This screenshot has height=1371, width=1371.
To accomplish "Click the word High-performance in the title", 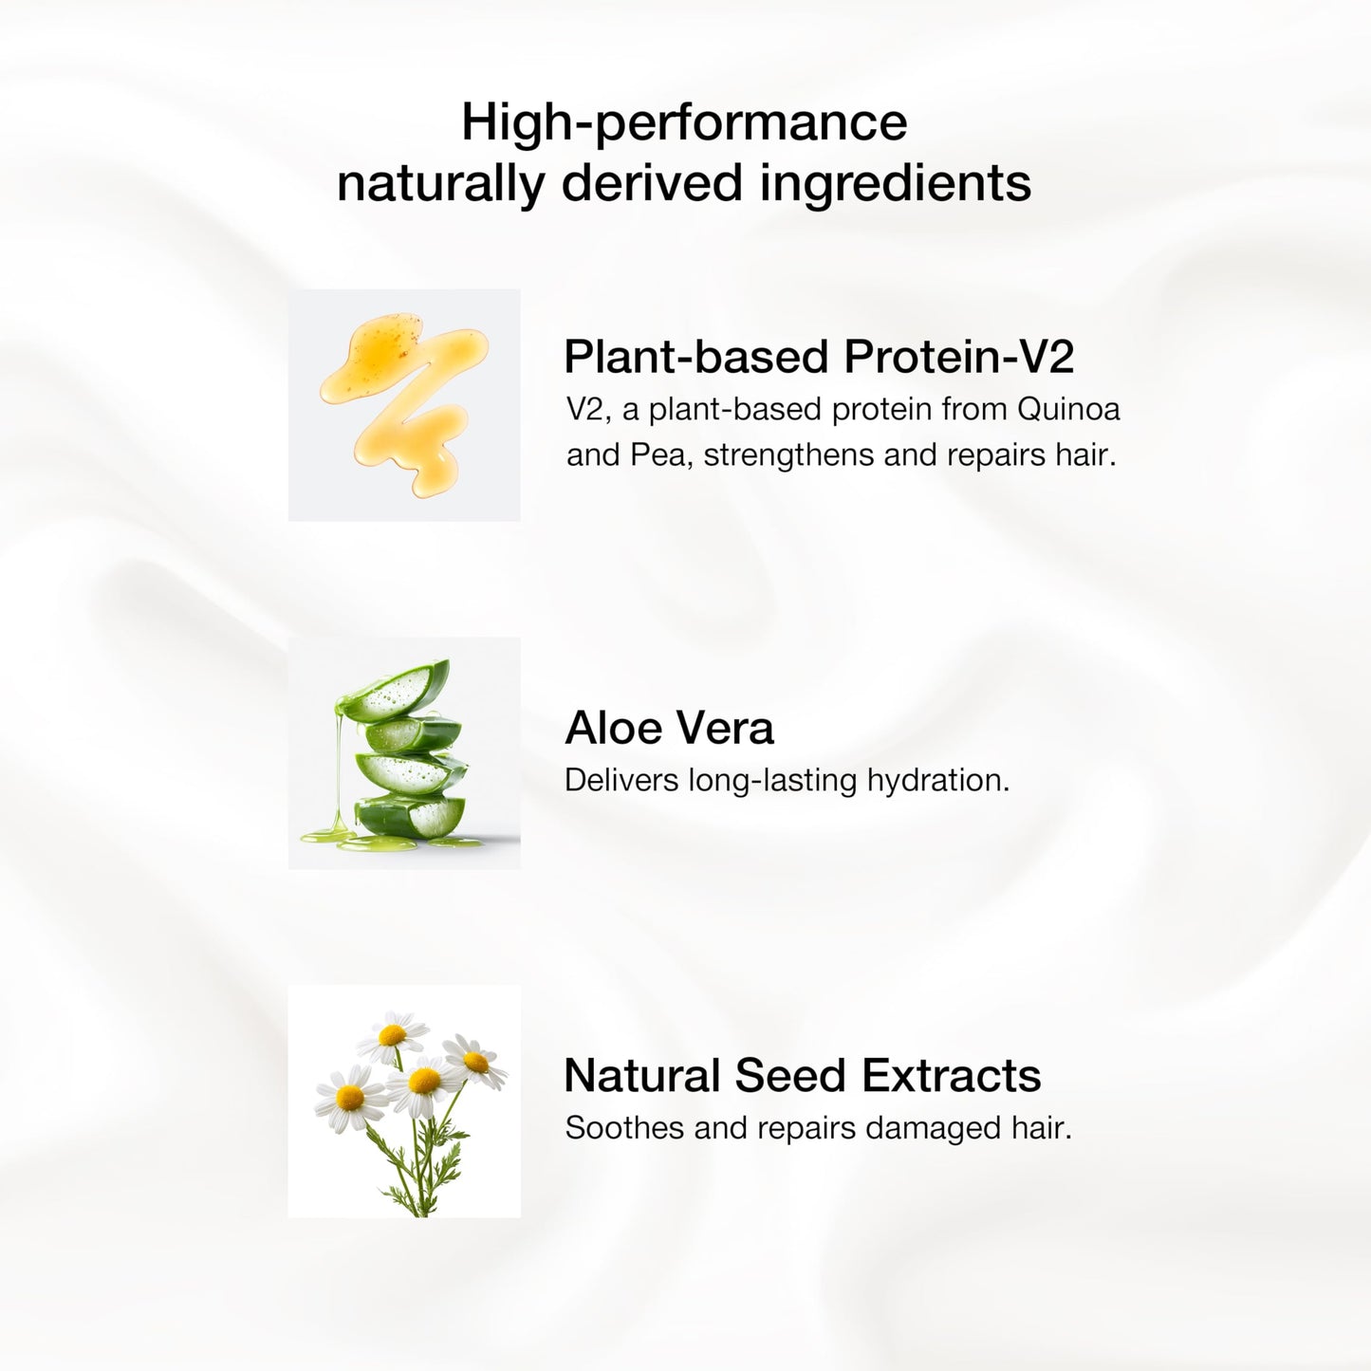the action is click(684, 123).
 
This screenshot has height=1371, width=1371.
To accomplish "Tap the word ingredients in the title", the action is click(896, 183).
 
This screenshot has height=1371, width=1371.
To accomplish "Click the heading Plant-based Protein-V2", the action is click(818, 356).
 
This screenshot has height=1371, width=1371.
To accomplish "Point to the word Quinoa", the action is click(1068, 409).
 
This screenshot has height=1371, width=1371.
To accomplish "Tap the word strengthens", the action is click(788, 456).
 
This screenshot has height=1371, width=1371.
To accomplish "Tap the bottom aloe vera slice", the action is click(411, 816).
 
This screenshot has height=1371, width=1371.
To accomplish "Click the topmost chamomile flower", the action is click(392, 1036).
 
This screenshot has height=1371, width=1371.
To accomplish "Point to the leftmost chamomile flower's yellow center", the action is click(350, 1099).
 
